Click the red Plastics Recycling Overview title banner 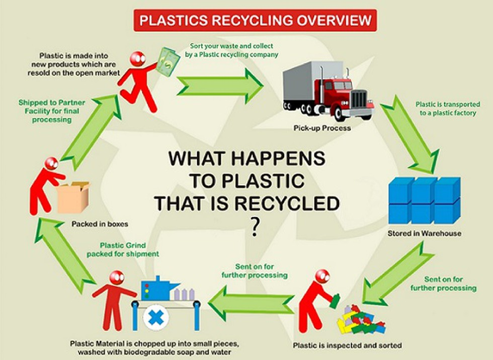(256, 21)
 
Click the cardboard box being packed (73, 197)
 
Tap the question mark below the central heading (255, 228)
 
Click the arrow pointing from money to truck (219, 85)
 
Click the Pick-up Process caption (322, 128)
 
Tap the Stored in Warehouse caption (424, 234)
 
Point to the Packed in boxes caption (100, 224)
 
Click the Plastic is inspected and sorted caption (347, 346)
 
